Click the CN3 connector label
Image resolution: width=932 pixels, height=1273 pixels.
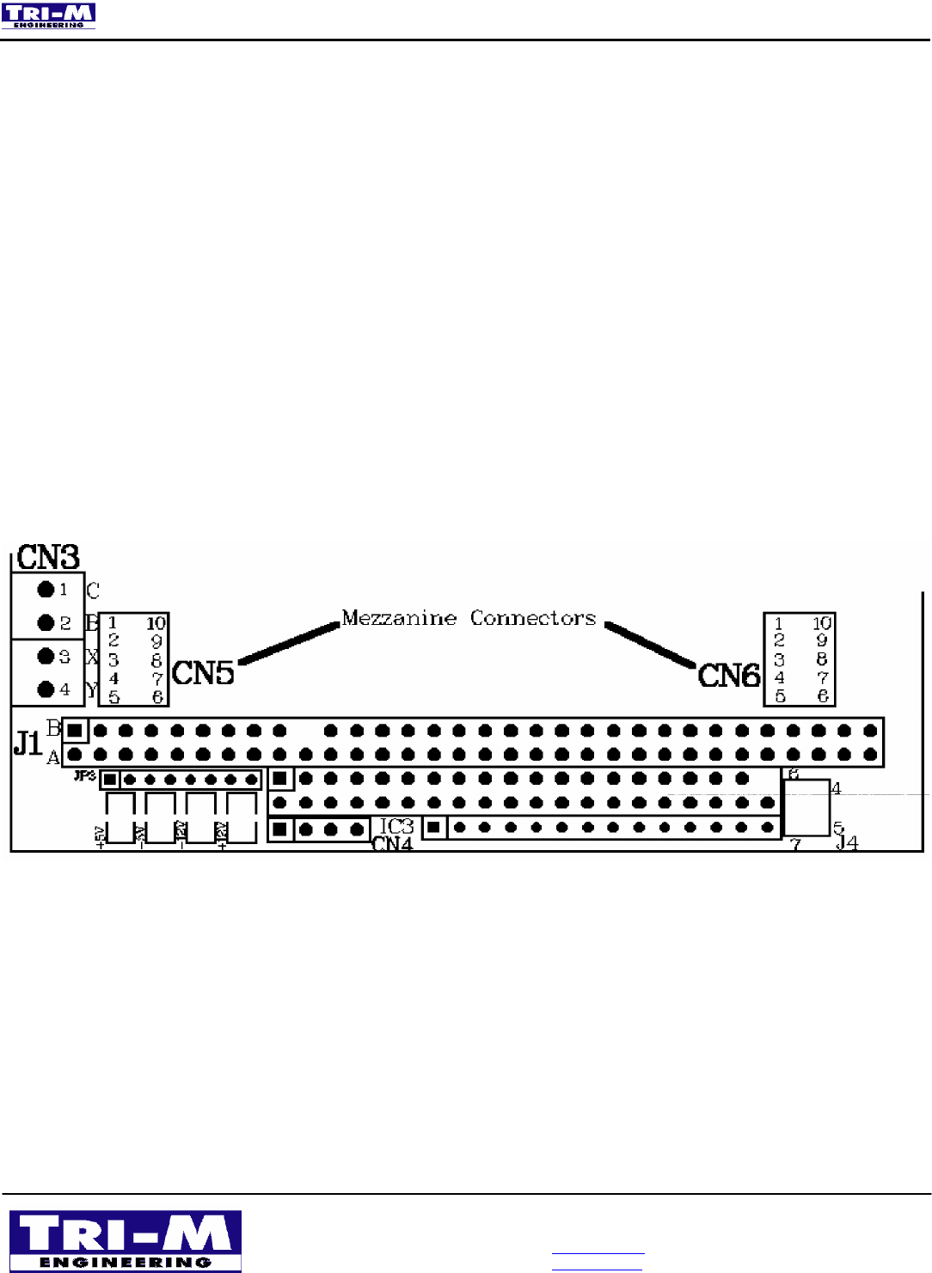(48, 557)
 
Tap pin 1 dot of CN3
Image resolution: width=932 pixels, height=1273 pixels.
(46, 590)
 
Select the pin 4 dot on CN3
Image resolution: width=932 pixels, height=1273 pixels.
(46, 689)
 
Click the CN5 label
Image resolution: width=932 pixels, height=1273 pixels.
(203, 673)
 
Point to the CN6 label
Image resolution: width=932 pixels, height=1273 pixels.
(729, 676)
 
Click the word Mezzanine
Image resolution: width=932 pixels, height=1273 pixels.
(399, 618)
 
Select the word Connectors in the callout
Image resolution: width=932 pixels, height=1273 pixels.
(533, 618)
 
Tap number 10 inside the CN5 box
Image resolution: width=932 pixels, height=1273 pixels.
(156, 623)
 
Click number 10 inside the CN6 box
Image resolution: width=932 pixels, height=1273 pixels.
(822, 623)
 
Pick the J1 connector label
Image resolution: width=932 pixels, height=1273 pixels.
(28, 743)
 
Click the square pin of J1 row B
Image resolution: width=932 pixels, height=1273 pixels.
(75, 731)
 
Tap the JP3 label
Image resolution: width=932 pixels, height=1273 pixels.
(84, 776)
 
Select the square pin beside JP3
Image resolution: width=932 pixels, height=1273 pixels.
(110, 780)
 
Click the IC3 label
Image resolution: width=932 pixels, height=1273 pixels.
(397, 826)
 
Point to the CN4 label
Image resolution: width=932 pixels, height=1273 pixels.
(392, 844)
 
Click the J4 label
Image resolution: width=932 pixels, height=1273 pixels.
(848, 843)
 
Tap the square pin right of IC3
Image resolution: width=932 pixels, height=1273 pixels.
(434, 828)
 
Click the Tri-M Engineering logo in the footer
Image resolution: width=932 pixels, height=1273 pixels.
(126, 1241)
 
